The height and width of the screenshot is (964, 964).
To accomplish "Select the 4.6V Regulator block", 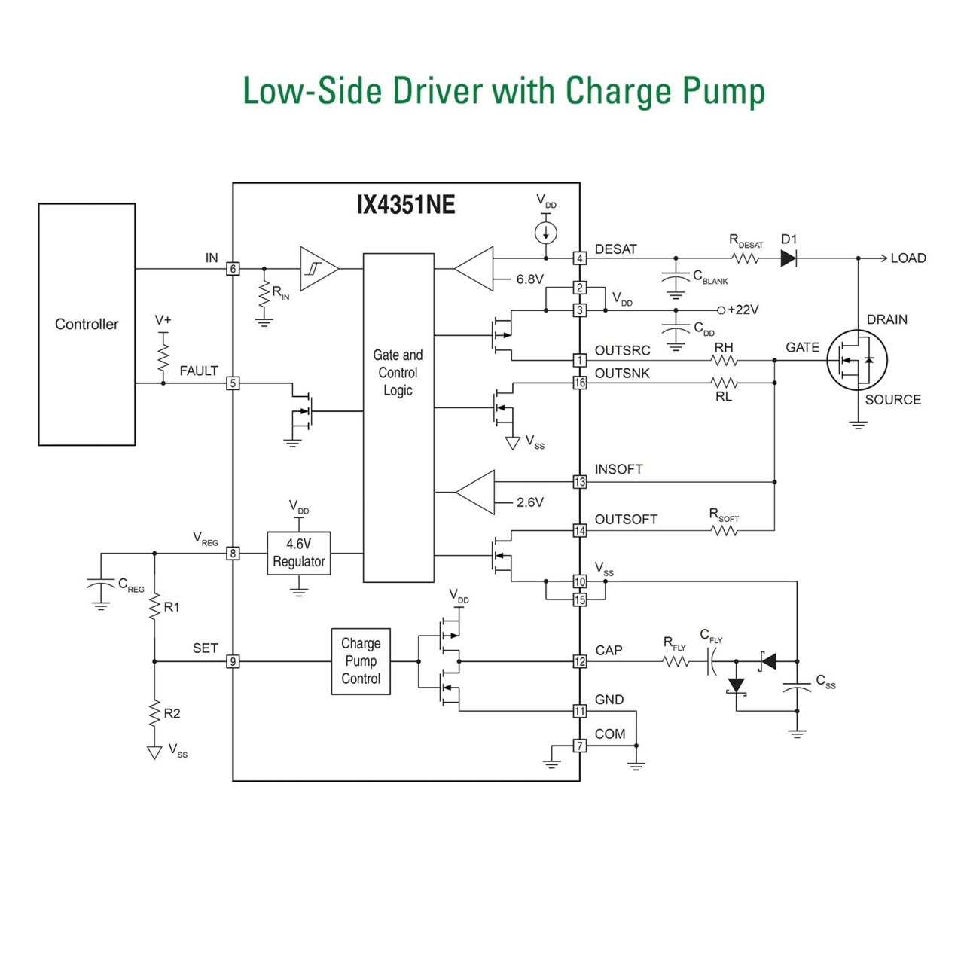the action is pos(299,553).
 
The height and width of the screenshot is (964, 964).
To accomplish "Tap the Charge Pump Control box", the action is pos(361,660).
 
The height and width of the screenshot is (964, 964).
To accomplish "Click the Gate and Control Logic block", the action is pos(398,417).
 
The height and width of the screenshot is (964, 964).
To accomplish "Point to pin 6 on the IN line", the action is pos(233,269).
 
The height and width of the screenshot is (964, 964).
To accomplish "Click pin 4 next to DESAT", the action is pos(579,258).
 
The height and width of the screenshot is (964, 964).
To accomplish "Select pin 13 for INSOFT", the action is pos(579,482).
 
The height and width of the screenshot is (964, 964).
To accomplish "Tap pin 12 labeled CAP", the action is pos(579,661).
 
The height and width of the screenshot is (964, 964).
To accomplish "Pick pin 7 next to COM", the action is pos(579,746).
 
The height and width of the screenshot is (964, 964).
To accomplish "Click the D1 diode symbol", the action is pos(789,258).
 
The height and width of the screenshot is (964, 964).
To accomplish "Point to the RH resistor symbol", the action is pos(724,360).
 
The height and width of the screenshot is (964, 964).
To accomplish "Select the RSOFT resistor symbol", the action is pos(724,530).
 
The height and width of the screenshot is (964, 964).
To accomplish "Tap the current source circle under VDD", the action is pos(545,233).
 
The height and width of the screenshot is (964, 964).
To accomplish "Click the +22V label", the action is pos(743,310).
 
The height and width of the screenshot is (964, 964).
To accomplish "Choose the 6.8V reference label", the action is pos(529,279).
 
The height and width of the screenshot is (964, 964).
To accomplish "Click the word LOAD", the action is pos(908,258).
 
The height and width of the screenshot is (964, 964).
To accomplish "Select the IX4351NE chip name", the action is pos(406,205).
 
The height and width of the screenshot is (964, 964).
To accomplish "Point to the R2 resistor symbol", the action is pos(154,713).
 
